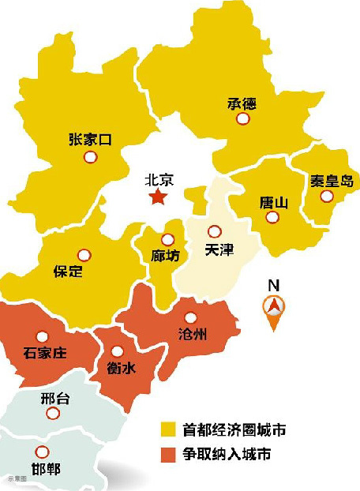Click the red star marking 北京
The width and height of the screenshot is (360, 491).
pos(159,197)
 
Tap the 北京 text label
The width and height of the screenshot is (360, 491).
pos(159,179)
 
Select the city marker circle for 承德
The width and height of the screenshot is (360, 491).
pos(243,118)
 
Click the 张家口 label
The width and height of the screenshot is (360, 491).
pos(90,140)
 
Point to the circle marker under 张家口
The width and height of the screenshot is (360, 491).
pos(90,157)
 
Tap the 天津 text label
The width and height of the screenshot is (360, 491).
pos(219,249)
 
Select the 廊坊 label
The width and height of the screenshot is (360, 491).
pos(167,257)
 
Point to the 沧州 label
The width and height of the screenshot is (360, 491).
pos(193,335)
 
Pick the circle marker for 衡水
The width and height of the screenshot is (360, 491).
pos(118,351)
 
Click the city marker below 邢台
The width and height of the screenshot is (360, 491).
pos(52,414)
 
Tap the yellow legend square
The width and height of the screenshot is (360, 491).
pos(167,429)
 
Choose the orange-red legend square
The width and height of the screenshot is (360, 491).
pos(167,454)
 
